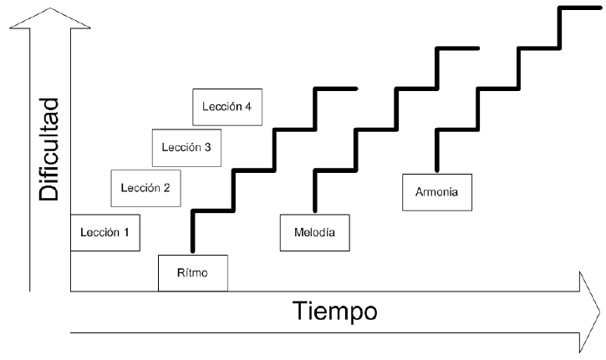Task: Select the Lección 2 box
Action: tap(145, 188)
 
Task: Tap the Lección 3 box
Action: tap(186, 148)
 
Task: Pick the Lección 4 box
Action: tap(227, 107)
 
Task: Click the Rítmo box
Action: tap(191, 272)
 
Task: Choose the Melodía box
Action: tap(314, 232)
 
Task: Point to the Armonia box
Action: tap(436, 193)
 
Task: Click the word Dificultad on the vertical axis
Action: tap(50, 150)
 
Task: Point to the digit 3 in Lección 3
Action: tap(206, 148)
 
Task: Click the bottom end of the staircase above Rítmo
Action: tap(192, 249)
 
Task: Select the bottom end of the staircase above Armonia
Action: tap(436, 169)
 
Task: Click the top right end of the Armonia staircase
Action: tap(599, 8)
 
